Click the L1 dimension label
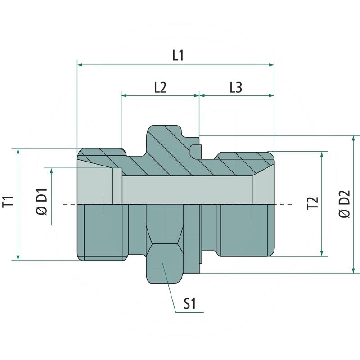pos(178,56)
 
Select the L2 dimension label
pos(160,87)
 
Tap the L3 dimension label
pos(236,87)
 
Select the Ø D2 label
pos(345,205)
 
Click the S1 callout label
pos(189,305)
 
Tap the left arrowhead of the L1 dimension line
pos(81,65)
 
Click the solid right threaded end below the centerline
pos(245,229)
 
